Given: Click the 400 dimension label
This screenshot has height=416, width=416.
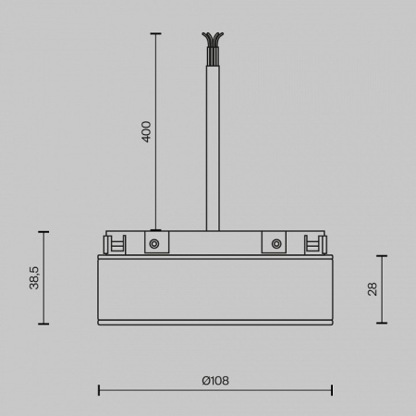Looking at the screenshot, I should pos(146,131).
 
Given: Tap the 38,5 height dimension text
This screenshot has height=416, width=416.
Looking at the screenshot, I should pos(34,276).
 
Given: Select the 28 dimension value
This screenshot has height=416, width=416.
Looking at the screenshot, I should pos(372,288).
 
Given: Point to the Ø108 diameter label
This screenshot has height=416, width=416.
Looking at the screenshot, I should pos(214,380).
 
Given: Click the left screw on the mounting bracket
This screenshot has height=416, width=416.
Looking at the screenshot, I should pos(154,244).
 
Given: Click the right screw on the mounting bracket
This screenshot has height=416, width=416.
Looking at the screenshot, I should pos(275,244).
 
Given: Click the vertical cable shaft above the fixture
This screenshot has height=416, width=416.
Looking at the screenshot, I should pos(213,139).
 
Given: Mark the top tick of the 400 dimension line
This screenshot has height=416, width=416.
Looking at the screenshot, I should pos(154,34).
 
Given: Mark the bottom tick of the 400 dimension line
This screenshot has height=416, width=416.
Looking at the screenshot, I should pos(154,229).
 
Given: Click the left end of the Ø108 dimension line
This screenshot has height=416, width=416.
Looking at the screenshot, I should pos(98,390).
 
